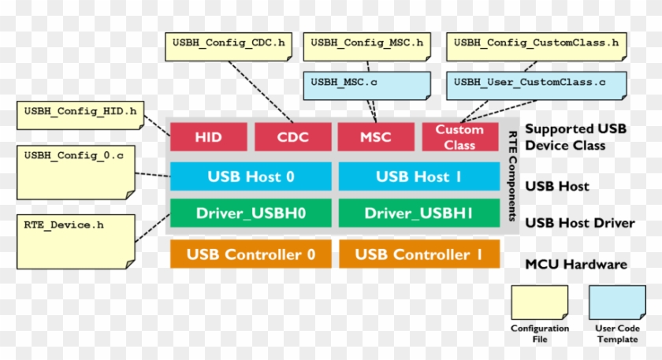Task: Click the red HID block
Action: click(208, 137)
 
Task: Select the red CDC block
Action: click(292, 137)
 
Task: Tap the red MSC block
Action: click(376, 137)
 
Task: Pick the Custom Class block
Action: click(460, 137)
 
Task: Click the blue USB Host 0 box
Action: click(251, 176)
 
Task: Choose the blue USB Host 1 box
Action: click(418, 176)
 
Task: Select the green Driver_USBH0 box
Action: click(251, 213)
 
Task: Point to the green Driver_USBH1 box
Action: click(418, 213)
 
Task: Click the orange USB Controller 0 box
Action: click(251, 254)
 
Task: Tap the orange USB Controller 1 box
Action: click(418, 254)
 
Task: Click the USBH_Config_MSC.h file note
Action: click(367, 46)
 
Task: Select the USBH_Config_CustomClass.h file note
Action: click(537, 46)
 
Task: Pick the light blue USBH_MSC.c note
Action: click(367, 85)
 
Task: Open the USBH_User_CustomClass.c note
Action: click(529, 85)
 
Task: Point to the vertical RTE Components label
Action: click(511, 176)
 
